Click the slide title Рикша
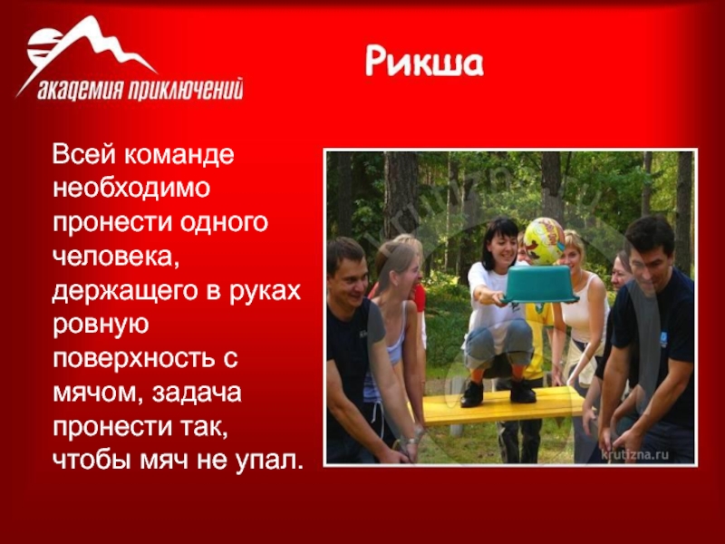point(424,62)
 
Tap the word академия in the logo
point(80,89)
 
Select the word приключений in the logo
point(185,89)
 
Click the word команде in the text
point(179,154)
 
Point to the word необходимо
point(131,189)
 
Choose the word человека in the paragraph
point(116,257)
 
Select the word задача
point(197,393)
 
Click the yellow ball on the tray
point(545,241)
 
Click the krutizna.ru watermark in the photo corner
point(634,455)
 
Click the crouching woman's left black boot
point(472,394)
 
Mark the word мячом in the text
point(98,393)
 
